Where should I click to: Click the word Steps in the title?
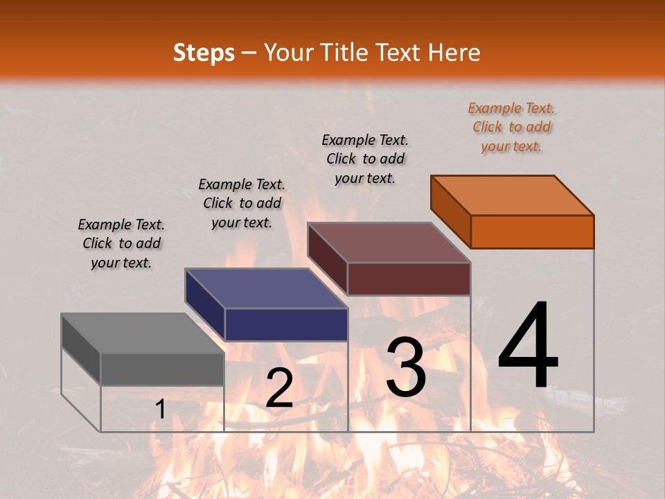pyautogui.click(x=204, y=53)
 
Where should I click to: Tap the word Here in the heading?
pyautogui.click(x=454, y=53)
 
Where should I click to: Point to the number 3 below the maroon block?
pyautogui.click(x=406, y=367)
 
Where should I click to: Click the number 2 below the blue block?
pyautogui.click(x=279, y=387)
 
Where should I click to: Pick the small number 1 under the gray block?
pyautogui.click(x=160, y=410)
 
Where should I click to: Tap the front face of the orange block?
pyautogui.click(x=532, y=231)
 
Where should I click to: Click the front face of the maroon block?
pyautogui.click(x=409, y=279)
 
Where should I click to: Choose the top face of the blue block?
pyautogui.click(x=266, y=288)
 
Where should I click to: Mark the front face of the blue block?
pyautogui.click(x=286, y=324)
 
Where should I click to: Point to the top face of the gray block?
pyautogui.click(x=143, y=333)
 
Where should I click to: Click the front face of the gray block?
pyautogui.click(x=162, y=369)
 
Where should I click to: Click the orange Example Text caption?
pyautogui.click(x=511, y=127)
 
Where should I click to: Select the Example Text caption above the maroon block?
pyautogui.click(x=365, y=159)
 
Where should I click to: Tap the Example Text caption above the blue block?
pyautogui.click(x=242, y=203)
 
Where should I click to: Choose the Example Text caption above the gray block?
pyautogui.click(x=121, y=243)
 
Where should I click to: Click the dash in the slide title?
pyautogui.click(x=249, y=53)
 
